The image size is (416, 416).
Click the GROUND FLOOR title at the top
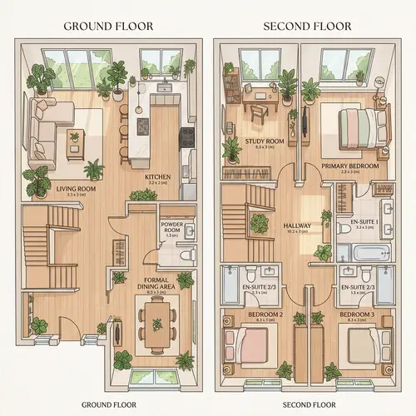click(108, 26)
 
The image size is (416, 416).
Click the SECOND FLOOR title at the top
click(308, 26)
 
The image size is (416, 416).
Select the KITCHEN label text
click(158, 177)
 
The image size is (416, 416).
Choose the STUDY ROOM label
click(265, 142)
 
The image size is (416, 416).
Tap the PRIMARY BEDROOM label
click(350, 166)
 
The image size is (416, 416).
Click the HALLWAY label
click(297, 225)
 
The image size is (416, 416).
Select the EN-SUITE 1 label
click(364, 223)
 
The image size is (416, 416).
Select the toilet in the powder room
click(186, 254)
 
